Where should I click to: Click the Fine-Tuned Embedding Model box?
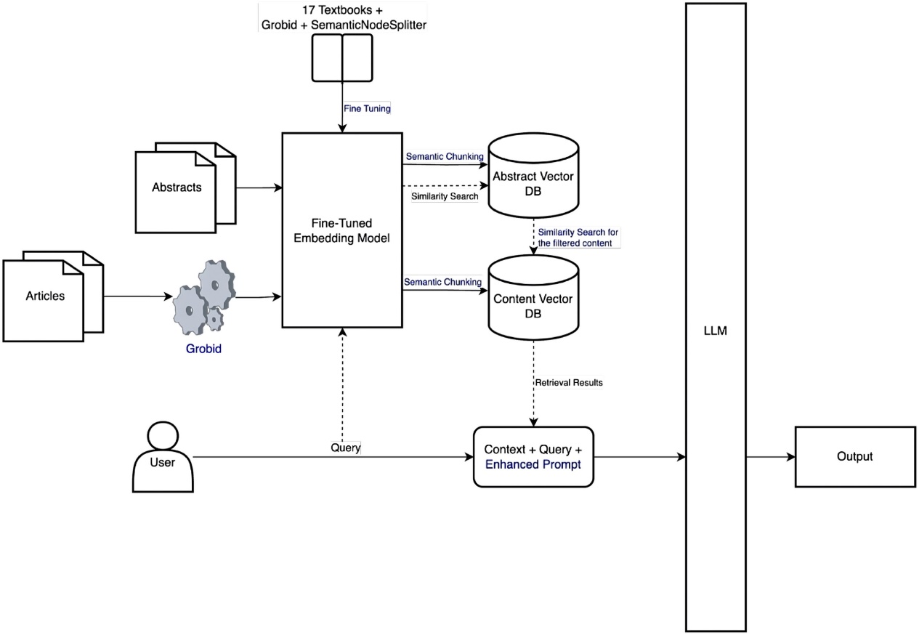342,230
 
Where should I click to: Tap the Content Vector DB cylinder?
533,299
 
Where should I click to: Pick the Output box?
854,457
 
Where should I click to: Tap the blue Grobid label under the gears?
203,349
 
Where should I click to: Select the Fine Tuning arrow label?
367,108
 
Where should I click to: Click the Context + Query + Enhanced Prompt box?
533,457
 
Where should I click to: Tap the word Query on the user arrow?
345,448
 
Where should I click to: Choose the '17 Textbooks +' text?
341,11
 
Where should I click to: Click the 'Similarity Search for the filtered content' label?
578,237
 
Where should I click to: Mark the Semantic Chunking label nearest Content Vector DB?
442,281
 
